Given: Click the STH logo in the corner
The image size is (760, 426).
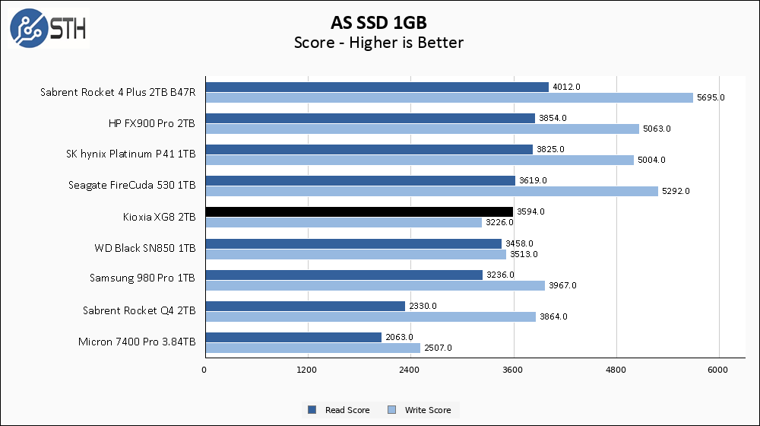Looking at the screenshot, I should [x=48, y=28].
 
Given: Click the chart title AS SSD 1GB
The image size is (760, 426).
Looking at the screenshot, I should [x=378, y=21].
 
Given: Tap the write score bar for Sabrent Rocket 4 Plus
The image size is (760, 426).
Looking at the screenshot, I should [x=449, y=97].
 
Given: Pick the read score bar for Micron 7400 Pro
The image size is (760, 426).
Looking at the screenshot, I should [x=293, y=337].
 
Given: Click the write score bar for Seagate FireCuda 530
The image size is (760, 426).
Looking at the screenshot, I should [x=431, y=191].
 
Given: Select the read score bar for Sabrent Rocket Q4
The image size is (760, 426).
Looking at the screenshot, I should [x=304, y=306].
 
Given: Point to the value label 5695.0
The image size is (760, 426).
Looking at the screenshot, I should [x=711, y=97].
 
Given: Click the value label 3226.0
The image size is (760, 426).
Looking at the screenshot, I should [x=499, y=222].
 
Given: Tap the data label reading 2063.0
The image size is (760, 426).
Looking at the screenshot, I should [x=398, y=337].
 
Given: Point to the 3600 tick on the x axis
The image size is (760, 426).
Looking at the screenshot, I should [x=514, y=370].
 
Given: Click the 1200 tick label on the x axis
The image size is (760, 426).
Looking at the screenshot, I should [x=307, y=370].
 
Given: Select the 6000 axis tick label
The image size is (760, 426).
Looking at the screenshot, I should [x=719, y=370].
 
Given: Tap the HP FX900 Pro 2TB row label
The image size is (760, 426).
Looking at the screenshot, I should [x=152, y=123].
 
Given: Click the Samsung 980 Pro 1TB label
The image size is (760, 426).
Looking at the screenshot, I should [x=142, y=278].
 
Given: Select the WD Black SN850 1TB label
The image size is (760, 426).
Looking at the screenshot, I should [x=144, y=248].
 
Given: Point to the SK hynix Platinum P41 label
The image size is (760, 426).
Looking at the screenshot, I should [x=131, y=154].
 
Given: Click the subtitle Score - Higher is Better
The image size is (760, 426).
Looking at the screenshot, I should [x=378, y=43].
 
